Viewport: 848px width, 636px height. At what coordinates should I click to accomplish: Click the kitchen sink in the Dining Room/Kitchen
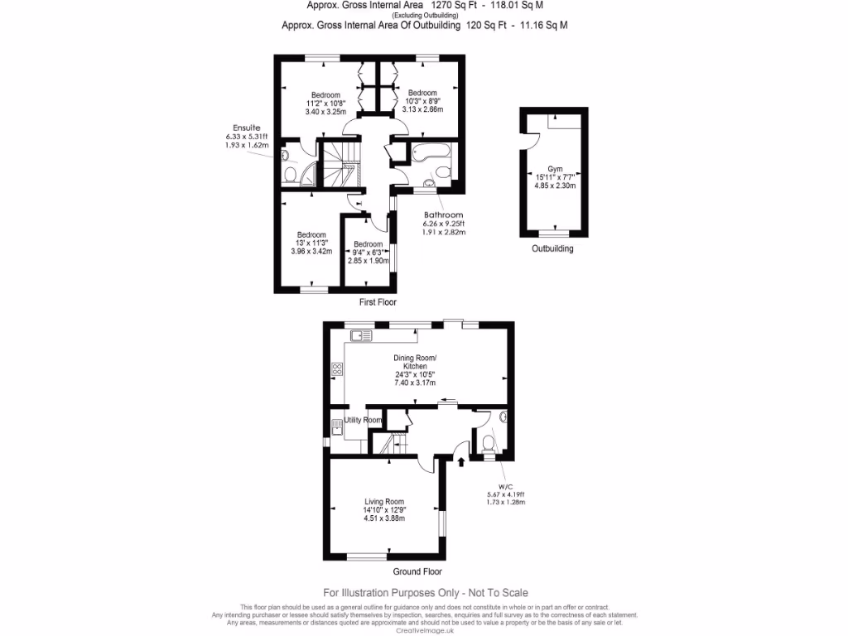(361, 335)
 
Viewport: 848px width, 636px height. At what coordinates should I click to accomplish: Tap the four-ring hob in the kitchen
(337, 369)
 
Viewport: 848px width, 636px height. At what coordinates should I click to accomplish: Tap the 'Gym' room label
(554, 166)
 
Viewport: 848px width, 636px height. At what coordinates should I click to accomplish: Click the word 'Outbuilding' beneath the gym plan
(552, 248)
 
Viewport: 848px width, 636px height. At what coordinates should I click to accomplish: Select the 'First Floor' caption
(378, 303)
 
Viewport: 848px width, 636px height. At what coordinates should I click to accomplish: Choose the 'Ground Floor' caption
(417, 571)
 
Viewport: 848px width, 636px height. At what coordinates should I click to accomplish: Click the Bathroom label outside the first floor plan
(443, 214)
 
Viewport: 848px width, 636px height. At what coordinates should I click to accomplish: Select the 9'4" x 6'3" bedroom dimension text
(368, 253)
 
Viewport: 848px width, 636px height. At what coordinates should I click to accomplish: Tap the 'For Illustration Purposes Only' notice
(425, 593)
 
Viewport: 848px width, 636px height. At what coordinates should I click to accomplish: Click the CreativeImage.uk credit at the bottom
(426, 630)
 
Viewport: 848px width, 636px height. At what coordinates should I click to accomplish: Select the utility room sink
(337, 428)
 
